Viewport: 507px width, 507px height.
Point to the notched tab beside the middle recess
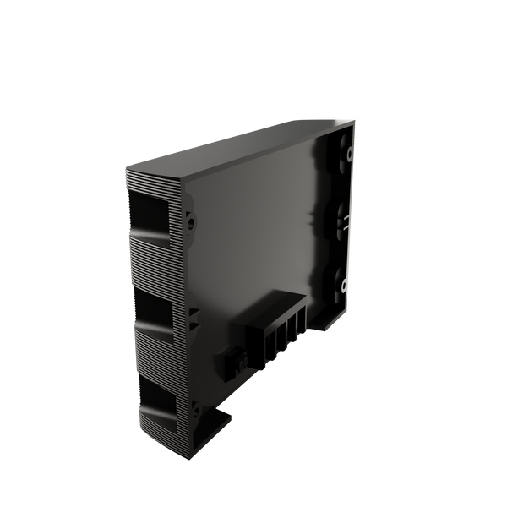[194, 317]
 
